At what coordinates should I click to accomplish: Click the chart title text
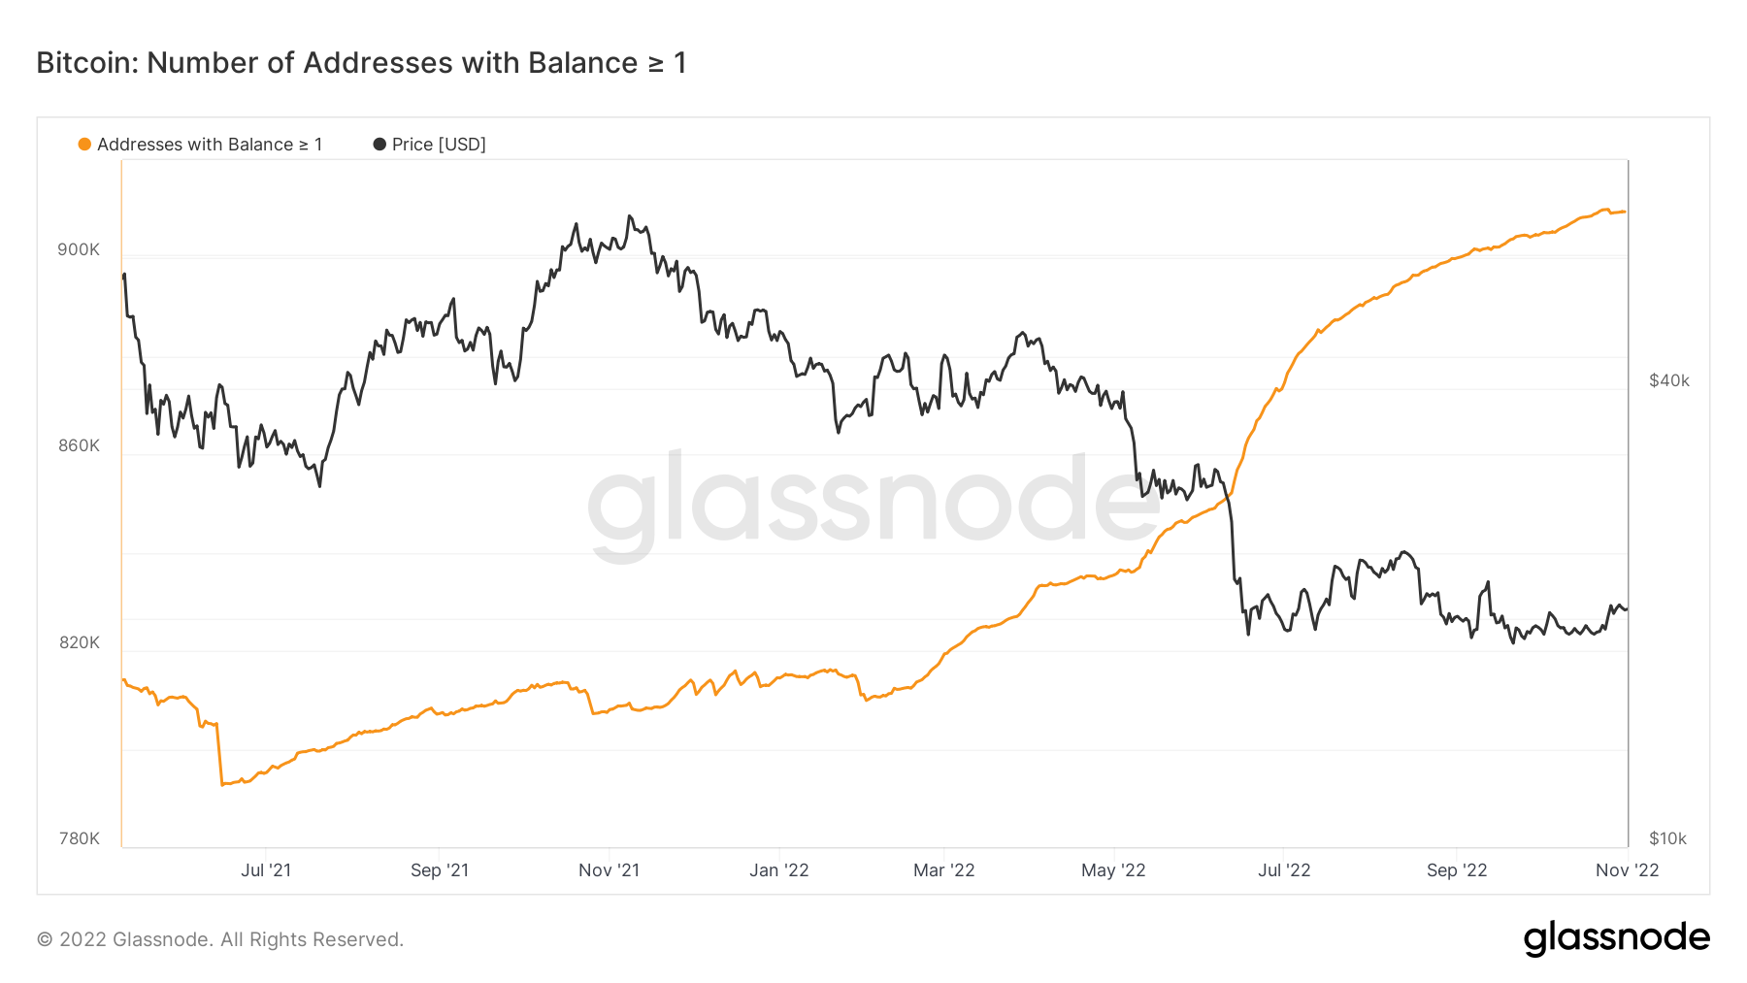[x=361, y=63]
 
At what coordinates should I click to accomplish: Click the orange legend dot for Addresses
[x=84, y=145]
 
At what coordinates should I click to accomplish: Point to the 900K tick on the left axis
[x=79, y=249]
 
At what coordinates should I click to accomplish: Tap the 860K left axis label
[x=79, y=446]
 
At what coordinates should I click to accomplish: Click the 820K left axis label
[x=79, y=642]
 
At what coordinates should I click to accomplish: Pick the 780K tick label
[x=79, y=838]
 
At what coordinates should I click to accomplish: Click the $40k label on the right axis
[x=1669, y=380]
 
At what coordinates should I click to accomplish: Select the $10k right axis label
[x=1668, y=838]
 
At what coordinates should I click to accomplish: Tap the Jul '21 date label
[x=266, y=870]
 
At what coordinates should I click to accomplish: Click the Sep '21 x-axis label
[x=440, y=870]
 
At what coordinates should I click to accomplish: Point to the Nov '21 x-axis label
[x=610, y=870]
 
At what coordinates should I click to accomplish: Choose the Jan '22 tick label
[x=779, y=870]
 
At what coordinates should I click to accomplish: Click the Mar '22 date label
[x=944, y=870]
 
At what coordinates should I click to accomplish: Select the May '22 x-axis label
[x=1113, y=870]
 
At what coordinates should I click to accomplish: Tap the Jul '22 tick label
[x=1284, y=870]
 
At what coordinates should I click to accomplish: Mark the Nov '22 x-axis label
[x=1628, y=870]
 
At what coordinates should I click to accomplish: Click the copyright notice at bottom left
[x=220, y=939]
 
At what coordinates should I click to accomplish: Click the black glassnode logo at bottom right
[x=1617, y=938]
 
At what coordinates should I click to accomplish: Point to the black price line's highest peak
[x=630, y=215]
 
